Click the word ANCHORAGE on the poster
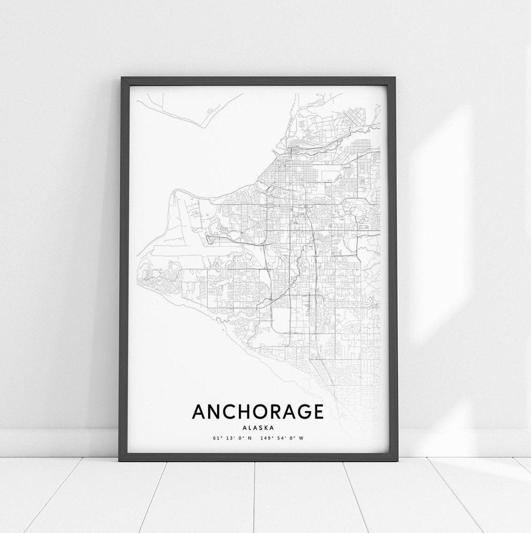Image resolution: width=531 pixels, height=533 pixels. point(258,412)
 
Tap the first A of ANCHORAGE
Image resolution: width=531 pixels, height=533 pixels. point(197,412)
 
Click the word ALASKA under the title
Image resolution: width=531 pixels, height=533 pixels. point(258,427)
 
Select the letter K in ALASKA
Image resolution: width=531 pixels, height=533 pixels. point(265,427)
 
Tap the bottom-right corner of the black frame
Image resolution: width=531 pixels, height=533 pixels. point(393,460)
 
